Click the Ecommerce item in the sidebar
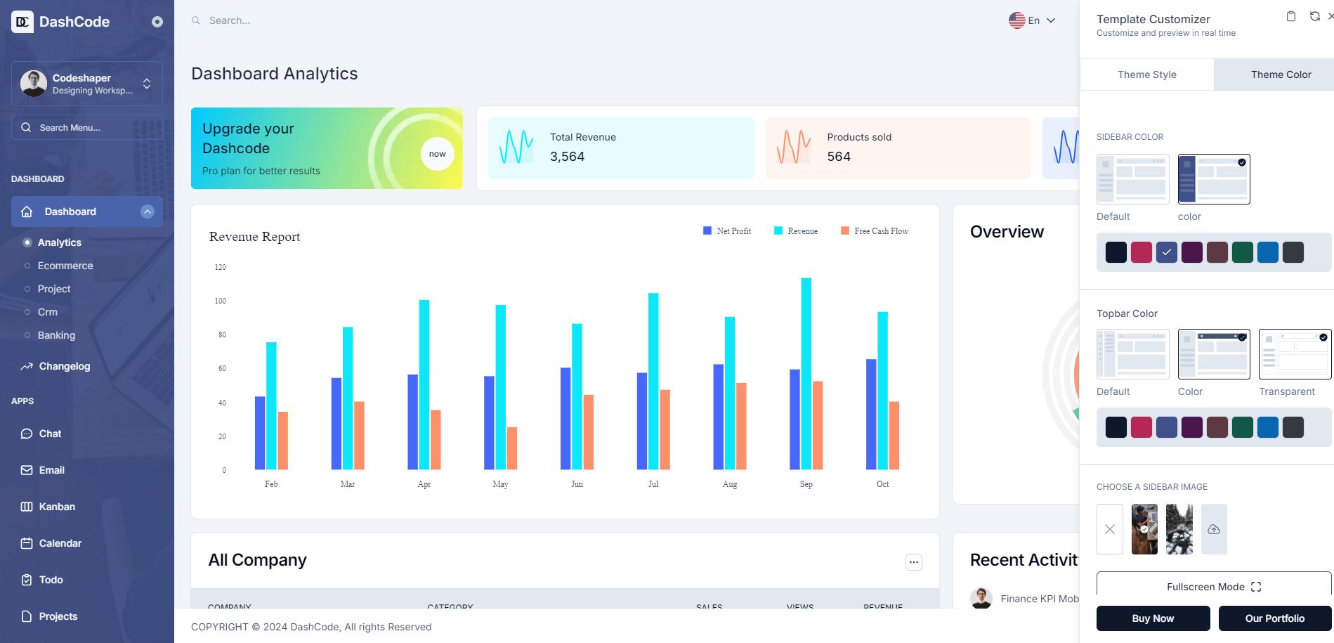(x=65, y=266)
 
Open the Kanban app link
(x=56, y=507)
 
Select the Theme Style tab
(x=1146, y=74)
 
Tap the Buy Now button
(x=1153, y=618)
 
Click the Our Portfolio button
(x=1274, y=618)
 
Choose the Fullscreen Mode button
(x=1213, y=587)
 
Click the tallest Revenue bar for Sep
(x=806, y=372)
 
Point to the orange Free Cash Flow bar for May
(x=512, y=448)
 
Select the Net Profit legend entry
(x=727, y=231)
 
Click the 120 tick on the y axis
(x=221, y=267)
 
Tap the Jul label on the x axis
(x=653, y=484)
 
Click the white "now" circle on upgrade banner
(x=437, y=154)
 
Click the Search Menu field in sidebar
(x=87, y=127)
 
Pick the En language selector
(x=1032, y=20)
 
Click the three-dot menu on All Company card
(x=913, y=562)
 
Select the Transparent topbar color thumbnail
(x=1295, y=354)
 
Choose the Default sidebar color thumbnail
(x=1132, y=179)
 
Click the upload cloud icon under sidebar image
(x=1213, y=529)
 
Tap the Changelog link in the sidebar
(x=64, y=366)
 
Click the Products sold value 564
(x=839, y=157)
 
